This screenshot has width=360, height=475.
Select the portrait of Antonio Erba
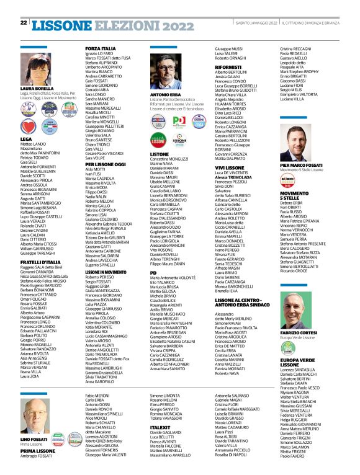(166, 73)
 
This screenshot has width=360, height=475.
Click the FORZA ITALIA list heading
(101, 48)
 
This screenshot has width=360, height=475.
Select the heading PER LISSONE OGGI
(106, 163)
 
